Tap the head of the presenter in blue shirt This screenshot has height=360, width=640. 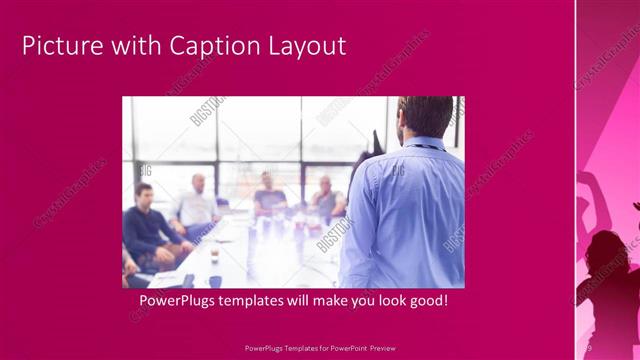424,119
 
